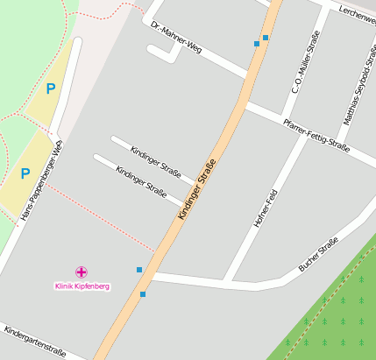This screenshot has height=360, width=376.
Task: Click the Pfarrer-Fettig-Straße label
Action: pos(316,136)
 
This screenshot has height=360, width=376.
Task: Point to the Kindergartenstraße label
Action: pos(35,342)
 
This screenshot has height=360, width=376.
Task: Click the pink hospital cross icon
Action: pos(82,272)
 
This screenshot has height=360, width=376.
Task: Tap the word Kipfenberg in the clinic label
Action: pos(92,286)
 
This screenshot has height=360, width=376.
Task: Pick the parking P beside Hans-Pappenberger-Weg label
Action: pos(25,173)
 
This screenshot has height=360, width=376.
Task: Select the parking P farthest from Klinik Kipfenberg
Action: pos(50,88)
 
